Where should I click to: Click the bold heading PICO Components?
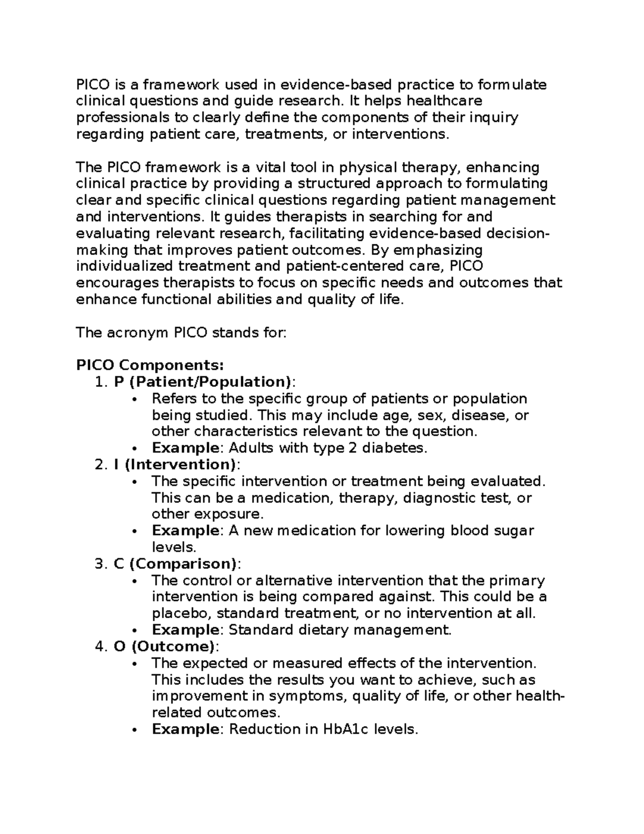pyautogui.click(x=150, y=366)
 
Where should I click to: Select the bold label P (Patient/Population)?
pyautogui.click(x=203, y=382)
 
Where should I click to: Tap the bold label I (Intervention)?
pyautogui.click(x=174, y=465)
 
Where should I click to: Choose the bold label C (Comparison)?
pyautogui.click(x=175, y=564)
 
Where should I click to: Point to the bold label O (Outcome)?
pyautogui.click(x=164, y=647)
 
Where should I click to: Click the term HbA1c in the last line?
pyautogui.click(x=346, y=729)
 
